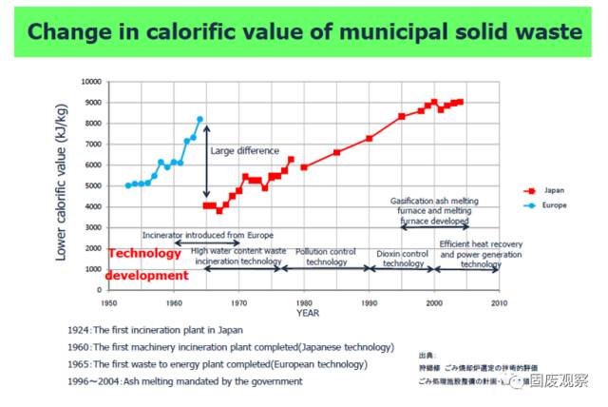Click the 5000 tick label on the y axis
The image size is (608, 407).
(92, 186)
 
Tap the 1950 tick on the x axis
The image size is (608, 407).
(109, 301)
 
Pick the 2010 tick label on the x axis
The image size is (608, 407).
(499, 301)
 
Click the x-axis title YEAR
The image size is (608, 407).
(307, 311)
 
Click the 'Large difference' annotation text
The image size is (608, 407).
(245, 150)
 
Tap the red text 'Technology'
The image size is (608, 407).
(144, 254)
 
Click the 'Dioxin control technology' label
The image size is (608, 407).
(403, 258)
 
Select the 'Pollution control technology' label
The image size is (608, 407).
(327, 257)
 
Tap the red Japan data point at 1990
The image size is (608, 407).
(370, 139)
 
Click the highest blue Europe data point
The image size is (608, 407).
(199, 119)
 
